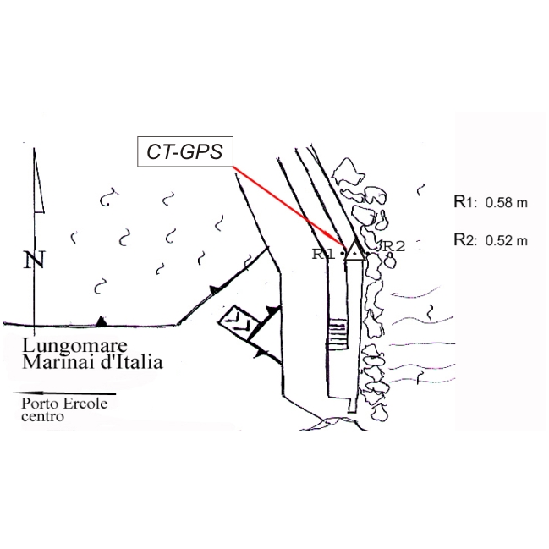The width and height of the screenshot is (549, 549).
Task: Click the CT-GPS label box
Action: [185, 154]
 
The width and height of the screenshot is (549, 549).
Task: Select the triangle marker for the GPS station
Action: [354, 250]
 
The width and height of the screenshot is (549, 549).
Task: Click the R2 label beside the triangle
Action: [394, 246]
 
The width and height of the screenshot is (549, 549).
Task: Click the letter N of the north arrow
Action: [35, 261]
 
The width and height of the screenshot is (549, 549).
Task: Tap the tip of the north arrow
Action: [34, 151]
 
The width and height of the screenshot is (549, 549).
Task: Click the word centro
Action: [42, 416]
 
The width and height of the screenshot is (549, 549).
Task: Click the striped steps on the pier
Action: [337, 332]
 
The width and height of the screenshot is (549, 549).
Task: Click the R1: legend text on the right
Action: [466, 202]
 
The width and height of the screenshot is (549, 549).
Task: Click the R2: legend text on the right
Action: [466, 239]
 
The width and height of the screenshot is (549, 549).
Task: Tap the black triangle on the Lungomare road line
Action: [101, 321]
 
